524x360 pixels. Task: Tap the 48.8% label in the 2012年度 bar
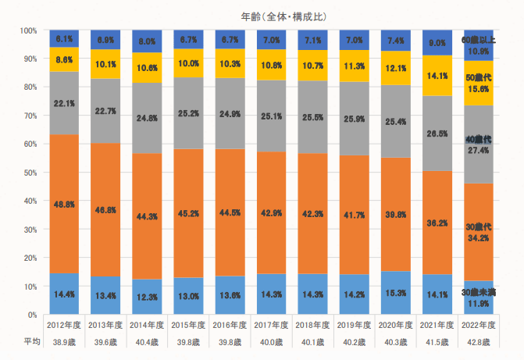65,205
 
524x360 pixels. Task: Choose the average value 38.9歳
65,341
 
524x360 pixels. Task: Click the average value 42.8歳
478,341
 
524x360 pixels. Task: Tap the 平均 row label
31,341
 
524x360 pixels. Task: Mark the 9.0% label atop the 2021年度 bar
437,44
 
